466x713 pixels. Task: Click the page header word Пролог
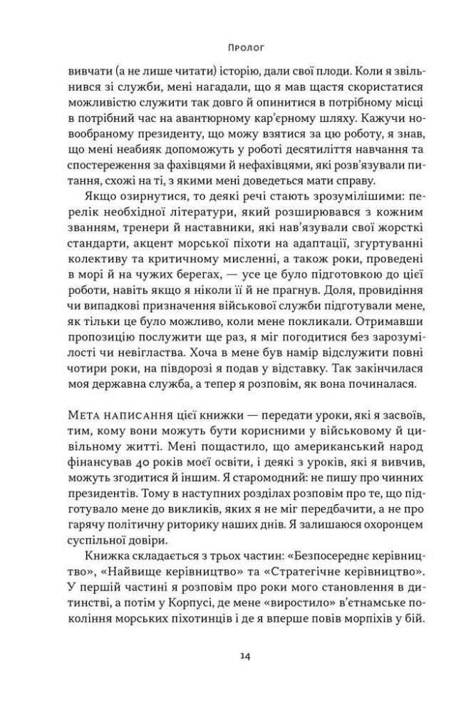click(233, 50)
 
